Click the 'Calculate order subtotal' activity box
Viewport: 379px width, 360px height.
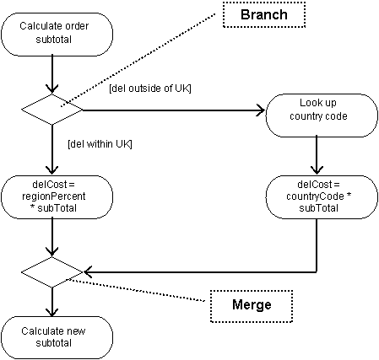[x=57, y=35]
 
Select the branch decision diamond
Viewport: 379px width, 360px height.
[x=52, y=110]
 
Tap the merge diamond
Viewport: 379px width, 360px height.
[x=52, y=272]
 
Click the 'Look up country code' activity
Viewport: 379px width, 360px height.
[x=322, y=116]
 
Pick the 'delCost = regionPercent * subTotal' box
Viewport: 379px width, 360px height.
[x=57, y=197]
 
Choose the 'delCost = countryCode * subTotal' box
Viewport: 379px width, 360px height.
[x=322, y=197]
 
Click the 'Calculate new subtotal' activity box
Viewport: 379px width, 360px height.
[x=57, y=337]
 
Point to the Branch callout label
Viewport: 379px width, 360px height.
[x=264, y=14]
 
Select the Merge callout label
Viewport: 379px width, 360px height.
[x=252, y=306]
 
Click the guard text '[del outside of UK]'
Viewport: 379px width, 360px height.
[x=150, y=89]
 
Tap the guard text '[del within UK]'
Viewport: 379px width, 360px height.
[x=100, y=144]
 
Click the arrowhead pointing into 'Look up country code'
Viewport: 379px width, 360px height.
[x=260, y=110]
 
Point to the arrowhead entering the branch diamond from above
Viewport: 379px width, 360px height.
[x=52, y=89]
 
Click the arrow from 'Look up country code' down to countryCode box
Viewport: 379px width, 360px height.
[x=317, y=156]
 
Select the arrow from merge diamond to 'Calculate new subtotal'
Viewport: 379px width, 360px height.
[x=52, y=302]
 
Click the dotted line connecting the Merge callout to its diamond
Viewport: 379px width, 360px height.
[x=138, y=290]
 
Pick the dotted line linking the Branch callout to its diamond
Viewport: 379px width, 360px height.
[x=138, y=60]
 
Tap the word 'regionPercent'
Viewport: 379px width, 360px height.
[x=54, y=196]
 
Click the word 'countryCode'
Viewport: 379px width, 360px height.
[x=315, y=196]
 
